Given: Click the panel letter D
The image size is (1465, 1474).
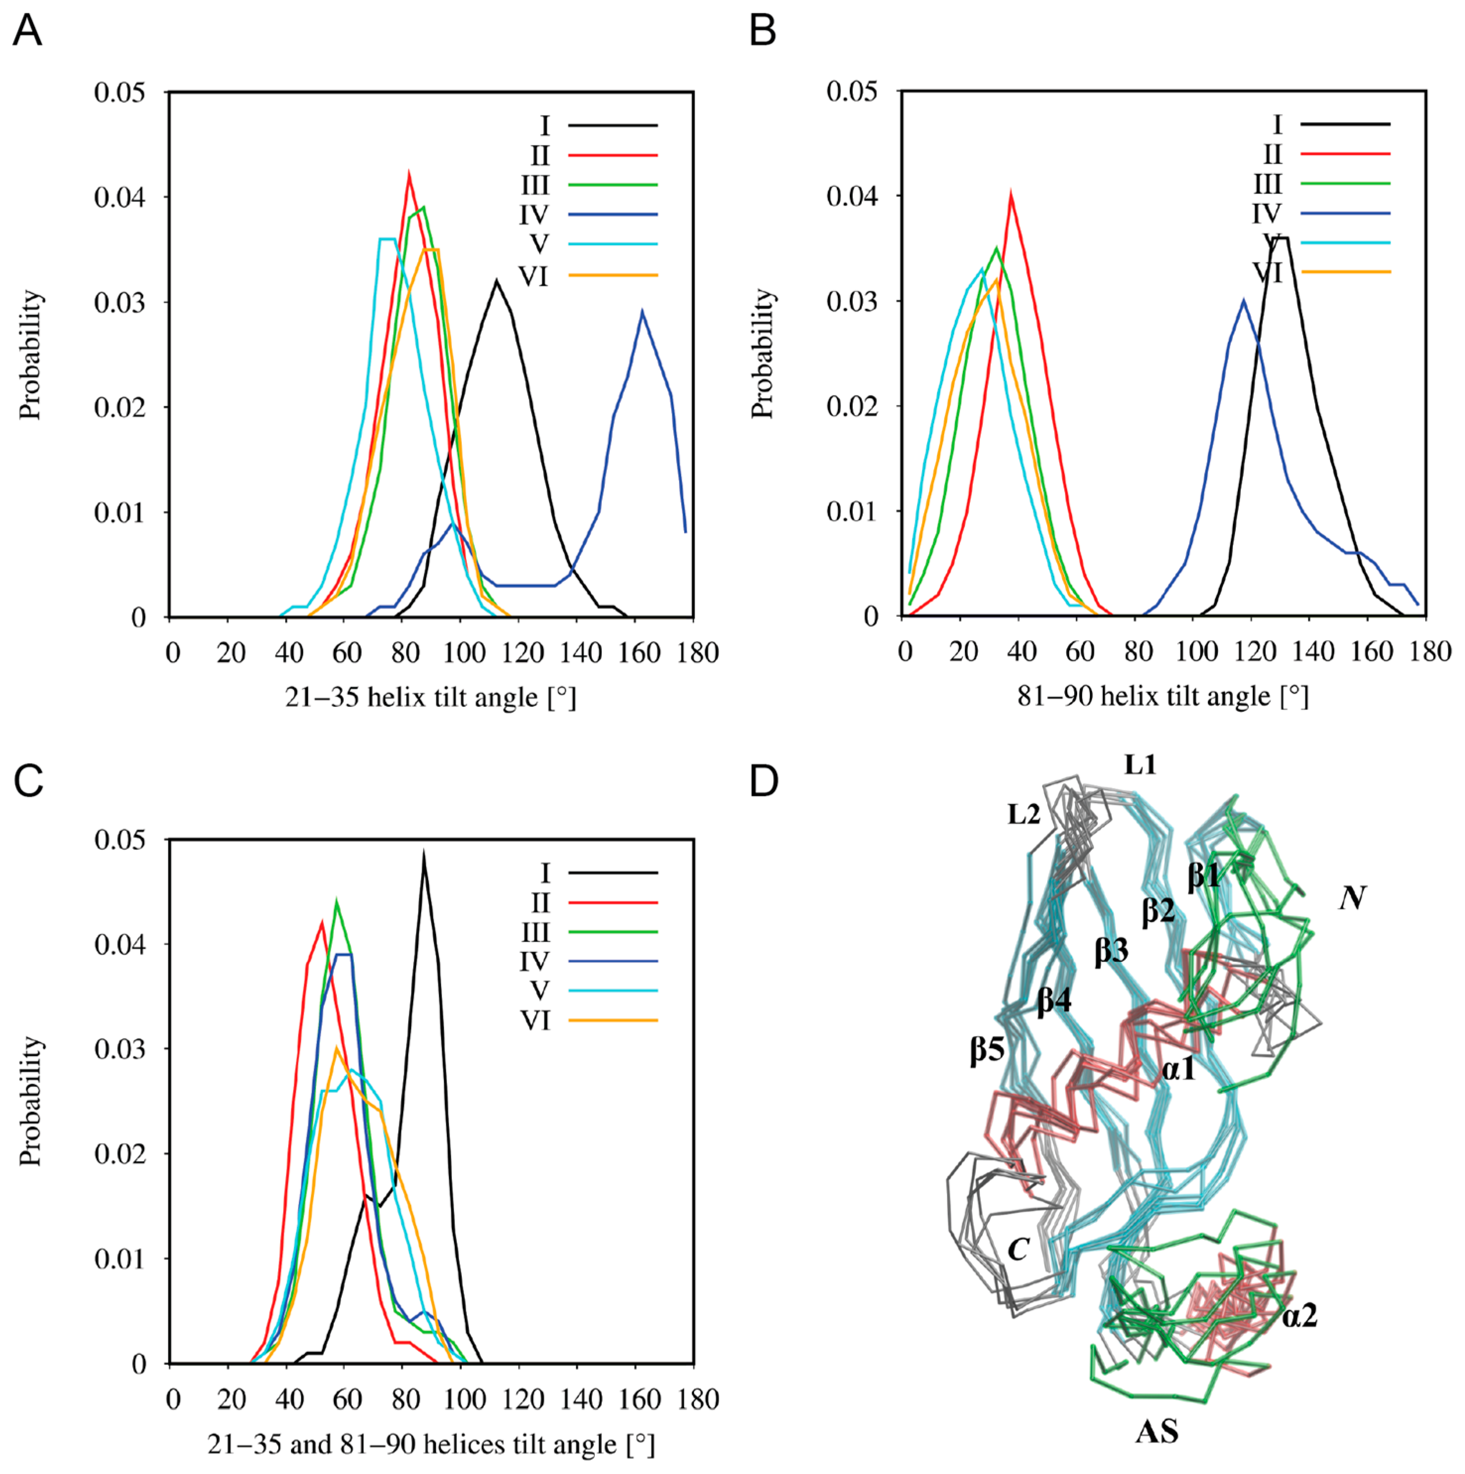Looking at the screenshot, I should [764, 780].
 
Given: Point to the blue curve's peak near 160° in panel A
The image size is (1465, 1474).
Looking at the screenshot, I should [642, 311].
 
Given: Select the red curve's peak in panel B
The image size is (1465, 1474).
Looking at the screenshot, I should [1011, 194].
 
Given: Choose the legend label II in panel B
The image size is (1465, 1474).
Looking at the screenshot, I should [1272, 155].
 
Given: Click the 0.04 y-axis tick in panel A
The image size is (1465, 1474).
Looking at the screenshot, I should [119, 197].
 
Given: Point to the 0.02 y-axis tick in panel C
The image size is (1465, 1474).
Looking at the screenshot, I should [119, 1154].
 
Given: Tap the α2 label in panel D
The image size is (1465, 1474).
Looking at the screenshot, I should [1299, 1315].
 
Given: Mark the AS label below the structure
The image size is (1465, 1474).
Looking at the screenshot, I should [1157, 1432].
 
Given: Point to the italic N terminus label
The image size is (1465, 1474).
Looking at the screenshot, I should [1352, 898].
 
